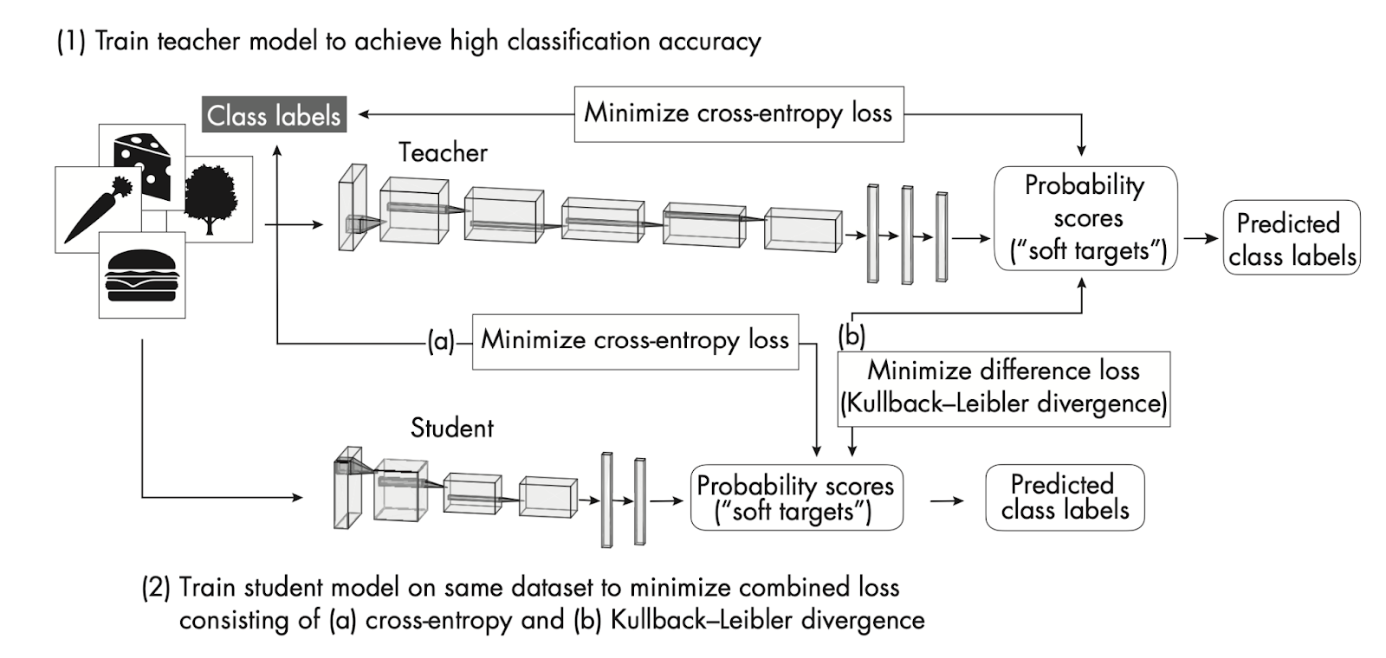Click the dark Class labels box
(x=275, y=115)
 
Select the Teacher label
(x=443, y=153)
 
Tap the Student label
(x=451, y=428)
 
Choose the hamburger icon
(x=141, y=275)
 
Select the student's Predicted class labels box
(x=1065, y=498)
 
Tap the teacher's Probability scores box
(x=1085, y=218)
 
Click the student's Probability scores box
(x=795, y=498)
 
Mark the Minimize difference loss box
(x=1003, y=387)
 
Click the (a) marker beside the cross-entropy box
(x=440, y=341)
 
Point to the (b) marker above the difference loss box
(x=852, y=336)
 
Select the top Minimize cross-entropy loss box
(x=738, y=113)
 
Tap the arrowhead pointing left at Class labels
(x=365, y=114)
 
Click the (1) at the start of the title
(x=71, y=42)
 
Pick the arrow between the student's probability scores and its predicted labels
(x=946, y=500)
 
